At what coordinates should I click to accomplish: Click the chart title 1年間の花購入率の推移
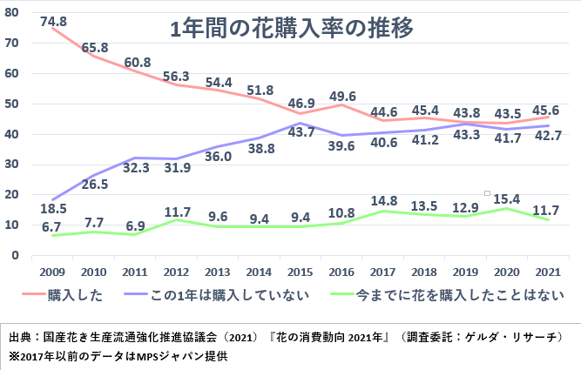292,29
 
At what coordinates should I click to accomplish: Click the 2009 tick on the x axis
51,271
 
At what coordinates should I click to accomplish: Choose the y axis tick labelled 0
16,255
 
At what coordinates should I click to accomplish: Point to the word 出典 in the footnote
18,335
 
